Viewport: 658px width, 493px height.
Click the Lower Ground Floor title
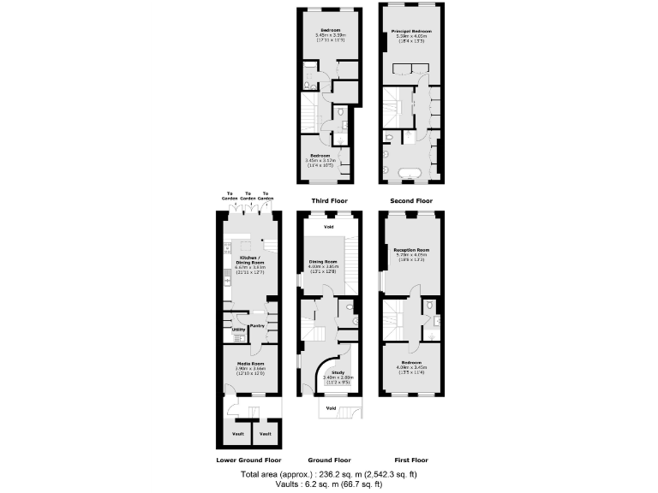[248, 460]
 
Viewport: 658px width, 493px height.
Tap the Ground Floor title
[329, 460]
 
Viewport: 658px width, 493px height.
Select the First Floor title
[411, 460]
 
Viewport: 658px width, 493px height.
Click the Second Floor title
[411, 201]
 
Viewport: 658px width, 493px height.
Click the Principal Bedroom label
[411, 31]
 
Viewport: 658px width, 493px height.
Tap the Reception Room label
[411, 250]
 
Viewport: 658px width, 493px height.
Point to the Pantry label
[256, 325]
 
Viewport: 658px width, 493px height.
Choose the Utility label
[238, 330]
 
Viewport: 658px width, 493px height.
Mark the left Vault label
[238, 434]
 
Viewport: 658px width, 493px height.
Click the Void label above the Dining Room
[329, 227]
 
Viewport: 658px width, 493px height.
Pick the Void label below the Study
[331, 408]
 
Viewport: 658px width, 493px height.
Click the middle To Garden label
[248, 196]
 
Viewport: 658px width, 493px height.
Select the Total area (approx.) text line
[329, 473]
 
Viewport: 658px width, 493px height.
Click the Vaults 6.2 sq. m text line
[329, 484]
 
